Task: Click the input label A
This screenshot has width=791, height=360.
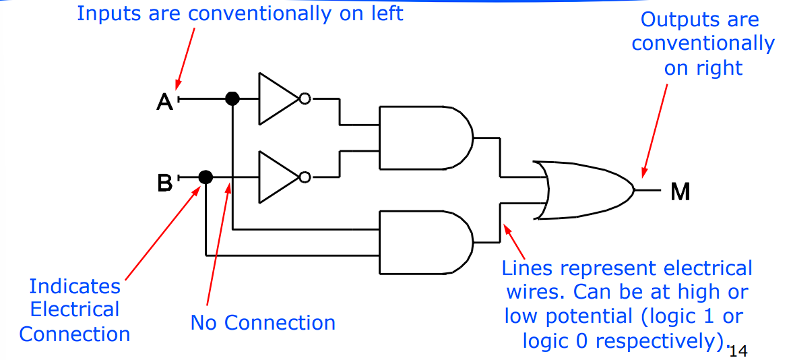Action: (x=164, y=101)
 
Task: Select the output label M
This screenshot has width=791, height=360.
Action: (x=681, y=192)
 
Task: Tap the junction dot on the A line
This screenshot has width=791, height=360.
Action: (x=232, y=99)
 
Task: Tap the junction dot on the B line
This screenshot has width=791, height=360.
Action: (x=206, y=177)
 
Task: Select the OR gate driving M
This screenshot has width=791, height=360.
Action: (x=583, y=190)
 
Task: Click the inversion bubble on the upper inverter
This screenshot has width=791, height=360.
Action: (x=305, y=99)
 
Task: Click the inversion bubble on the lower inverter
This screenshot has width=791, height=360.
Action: (x=305, y=177)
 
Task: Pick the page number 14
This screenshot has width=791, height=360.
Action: (x=738, y=351)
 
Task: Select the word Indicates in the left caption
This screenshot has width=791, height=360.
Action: (x=75, y=287)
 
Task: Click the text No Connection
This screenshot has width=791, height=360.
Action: (x=263, y=323)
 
